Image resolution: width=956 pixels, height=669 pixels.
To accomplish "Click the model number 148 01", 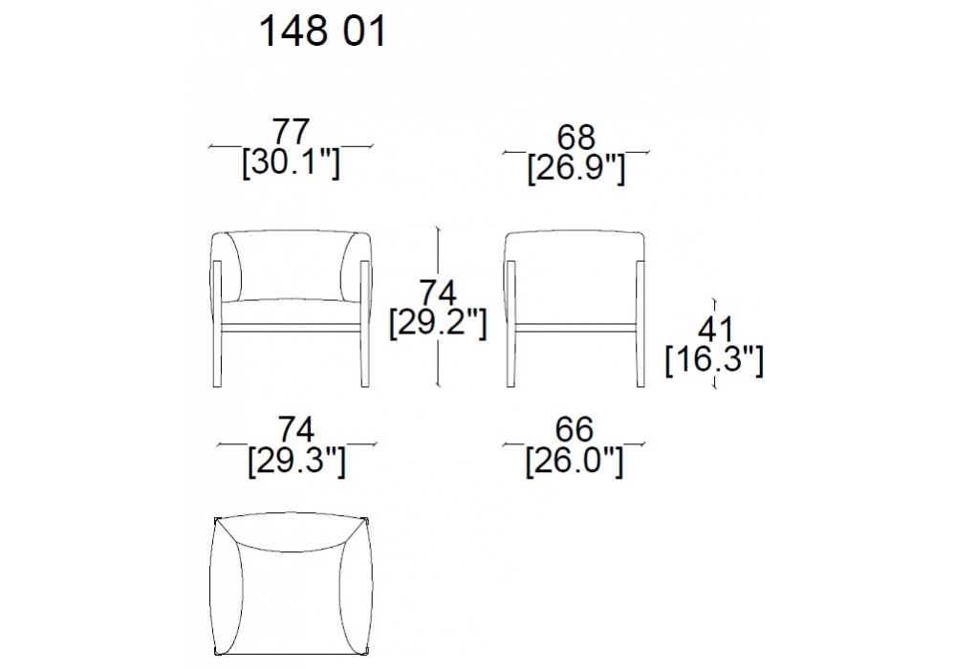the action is click(x=322, y=32).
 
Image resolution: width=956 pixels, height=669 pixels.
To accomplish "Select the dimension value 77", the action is click(x=292, y=132).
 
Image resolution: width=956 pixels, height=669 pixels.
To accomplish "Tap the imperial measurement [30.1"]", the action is click(x=291, y=162).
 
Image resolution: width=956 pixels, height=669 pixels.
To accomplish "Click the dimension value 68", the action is click(x=576, y=137).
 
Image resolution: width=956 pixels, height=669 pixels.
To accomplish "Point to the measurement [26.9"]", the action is click(x=576, y=168).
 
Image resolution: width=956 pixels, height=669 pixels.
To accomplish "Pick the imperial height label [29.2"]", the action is click(x=438, y=323).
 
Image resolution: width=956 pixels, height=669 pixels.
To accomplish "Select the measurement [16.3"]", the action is click(x=714, y=360).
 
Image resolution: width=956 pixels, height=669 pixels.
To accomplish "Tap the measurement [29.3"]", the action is click(x=296, y=462).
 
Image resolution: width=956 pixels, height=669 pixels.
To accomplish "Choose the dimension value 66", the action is click(x=575, y=430).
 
